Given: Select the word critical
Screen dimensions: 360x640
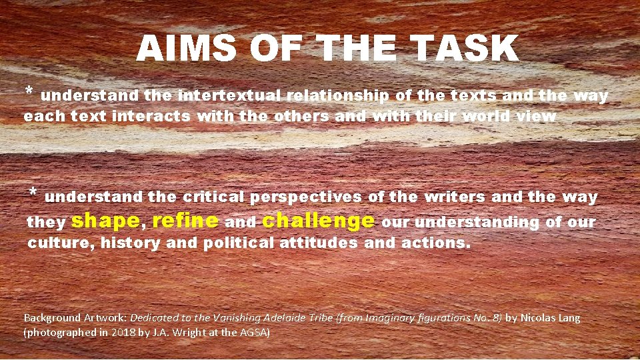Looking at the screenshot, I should pos(213,197).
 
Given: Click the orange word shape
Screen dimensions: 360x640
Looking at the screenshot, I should pos(105,220).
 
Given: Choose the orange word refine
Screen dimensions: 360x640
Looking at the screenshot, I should pos(185,220).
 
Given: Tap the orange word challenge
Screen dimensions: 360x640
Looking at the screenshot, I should pos(319,220).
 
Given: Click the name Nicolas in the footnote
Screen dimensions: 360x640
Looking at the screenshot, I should pos(539,318).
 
